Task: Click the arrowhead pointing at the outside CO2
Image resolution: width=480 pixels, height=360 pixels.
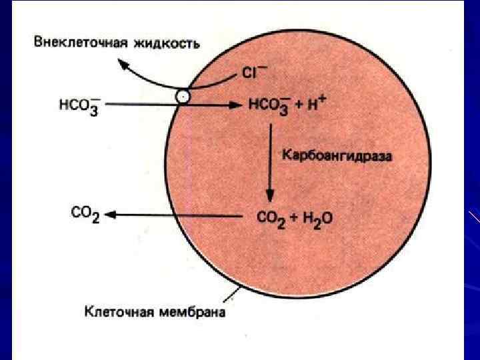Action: coord(111,215)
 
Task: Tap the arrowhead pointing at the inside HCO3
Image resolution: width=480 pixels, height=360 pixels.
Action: coord(235,105)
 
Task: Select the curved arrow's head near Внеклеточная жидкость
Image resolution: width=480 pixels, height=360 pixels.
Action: coord(123,64)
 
